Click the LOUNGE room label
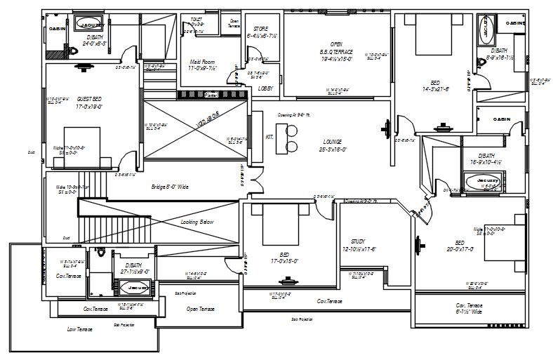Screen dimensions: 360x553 pyautogui.click(x=333, y=141)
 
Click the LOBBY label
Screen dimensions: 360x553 pyautogui.click(x=265, y=89)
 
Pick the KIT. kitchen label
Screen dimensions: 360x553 pyautogui.click(x=269, y=136)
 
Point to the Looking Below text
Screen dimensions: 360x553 pyautogui.click(x=197, y=222)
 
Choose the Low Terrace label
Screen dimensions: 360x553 pyautogui.click(x=81, y=328)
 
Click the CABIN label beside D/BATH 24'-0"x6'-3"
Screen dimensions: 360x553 pyautogui.click(x=57, y=28)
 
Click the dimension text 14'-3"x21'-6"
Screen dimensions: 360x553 pyautogui.click(x=435, y=89)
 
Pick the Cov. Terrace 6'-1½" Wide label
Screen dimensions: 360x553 pyautogui.click(x=469, y=309)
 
